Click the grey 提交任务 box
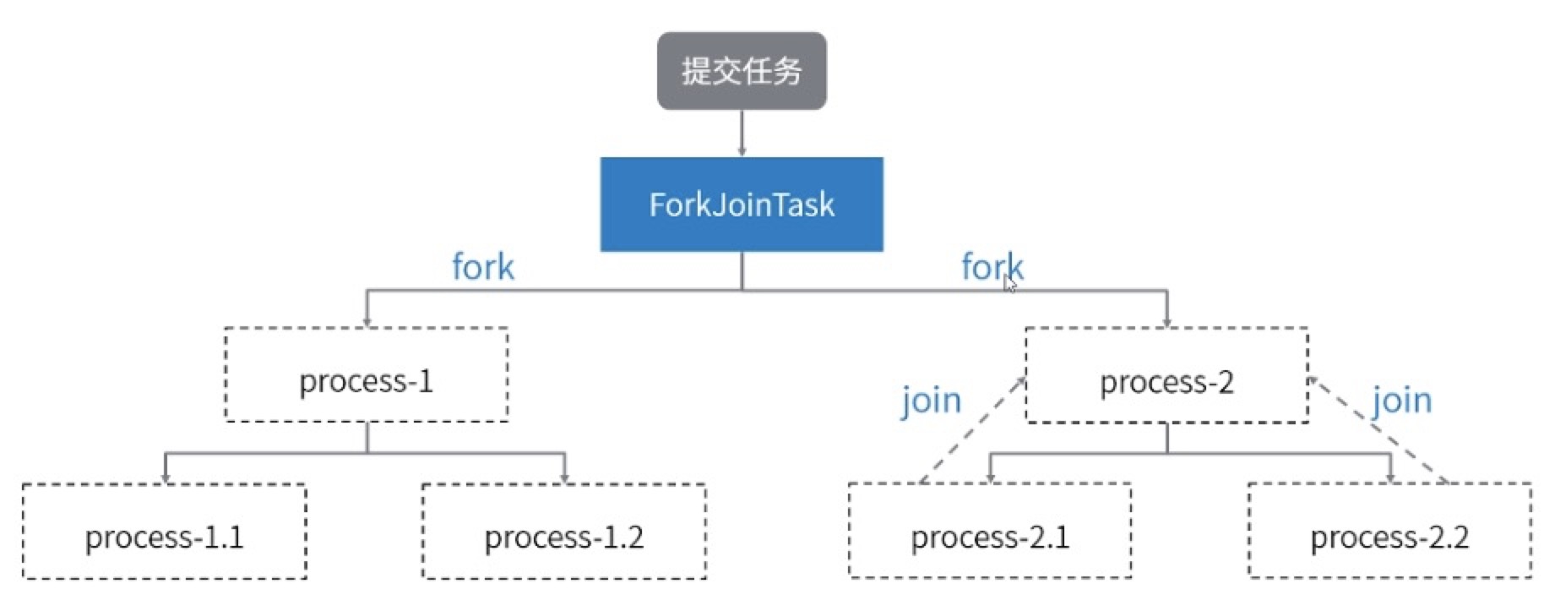click(x=742, y=71)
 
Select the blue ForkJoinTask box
click(x=742, y=205)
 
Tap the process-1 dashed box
click(x=367, y=374)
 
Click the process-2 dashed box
click(x=1166, y=375)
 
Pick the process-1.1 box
click(x=164, y=532)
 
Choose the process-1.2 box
click(x=564, y=532)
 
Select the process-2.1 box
click(x=990, y=531)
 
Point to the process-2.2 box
click(x=1389, y=531)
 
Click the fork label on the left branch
click(x=482, y=267)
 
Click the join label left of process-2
click(x=931, y=400)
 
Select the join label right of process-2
click(x=1401, y=400)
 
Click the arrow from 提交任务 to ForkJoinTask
click(x=742, y=133)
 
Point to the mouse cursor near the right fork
click(x=1009, y=285)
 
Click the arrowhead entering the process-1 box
click(x=367, y=321)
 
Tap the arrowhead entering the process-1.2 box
click(x=564, y=478)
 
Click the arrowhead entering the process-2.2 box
click(x=1389, y=478)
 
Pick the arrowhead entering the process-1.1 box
click(x=166, y=478)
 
